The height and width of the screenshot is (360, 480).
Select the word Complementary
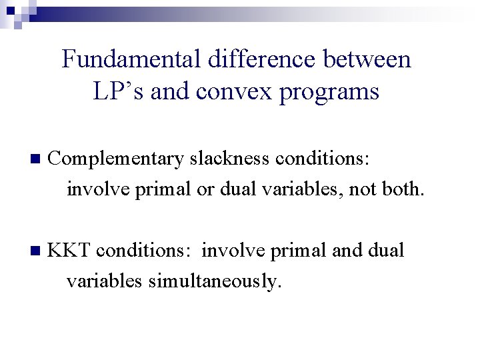click(x=117, y=159)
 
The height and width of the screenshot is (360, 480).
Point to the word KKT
click(x=71, y=251)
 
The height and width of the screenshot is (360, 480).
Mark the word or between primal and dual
click(x=204, y=190)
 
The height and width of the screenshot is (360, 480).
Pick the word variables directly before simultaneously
click(x=105, y=282)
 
